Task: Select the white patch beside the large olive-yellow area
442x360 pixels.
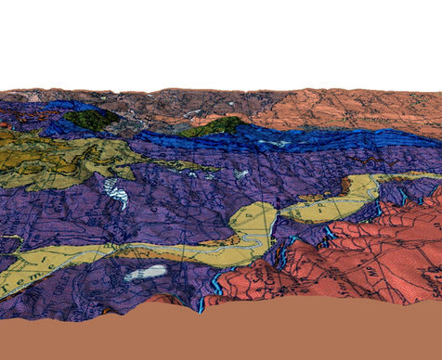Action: pos(116,192)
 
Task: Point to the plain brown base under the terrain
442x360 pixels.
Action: pos(223,334)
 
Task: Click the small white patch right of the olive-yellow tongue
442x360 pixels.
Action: pos(240,174)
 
